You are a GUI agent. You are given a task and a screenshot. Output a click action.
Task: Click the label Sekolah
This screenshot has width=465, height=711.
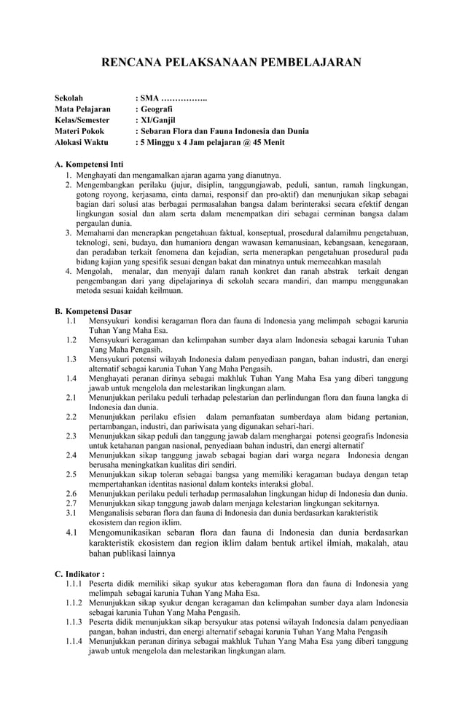70,98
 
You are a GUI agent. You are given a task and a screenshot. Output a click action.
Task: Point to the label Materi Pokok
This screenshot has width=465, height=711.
80,131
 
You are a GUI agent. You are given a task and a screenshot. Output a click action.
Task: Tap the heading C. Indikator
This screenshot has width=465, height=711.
85,574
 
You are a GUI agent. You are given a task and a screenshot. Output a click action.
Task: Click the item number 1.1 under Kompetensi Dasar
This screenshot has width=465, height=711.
71,321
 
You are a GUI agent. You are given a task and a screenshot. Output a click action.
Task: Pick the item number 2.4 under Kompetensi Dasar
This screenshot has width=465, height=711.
71,455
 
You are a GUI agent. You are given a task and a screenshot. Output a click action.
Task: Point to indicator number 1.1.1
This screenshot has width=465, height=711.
74,584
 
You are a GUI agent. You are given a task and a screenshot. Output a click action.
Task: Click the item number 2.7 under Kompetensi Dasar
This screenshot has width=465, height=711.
71,503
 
